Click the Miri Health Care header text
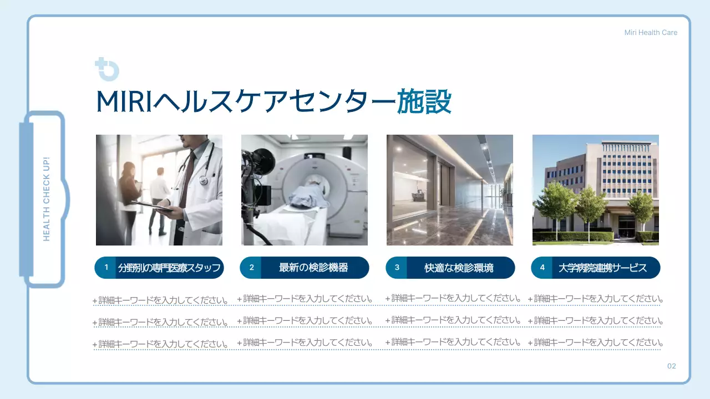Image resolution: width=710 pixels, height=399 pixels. click(651, 33)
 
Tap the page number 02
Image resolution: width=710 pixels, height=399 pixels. click(671, 366)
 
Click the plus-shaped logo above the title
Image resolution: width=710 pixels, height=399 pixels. click(106, 69)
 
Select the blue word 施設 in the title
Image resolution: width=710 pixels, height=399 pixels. click(424, 103)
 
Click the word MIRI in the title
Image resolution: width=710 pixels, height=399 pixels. click(124, 103)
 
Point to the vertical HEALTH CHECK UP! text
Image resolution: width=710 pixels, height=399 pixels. click(47, 199)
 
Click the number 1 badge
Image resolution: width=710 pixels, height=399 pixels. click(106, 268)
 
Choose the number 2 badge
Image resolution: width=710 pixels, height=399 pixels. click(251, 268)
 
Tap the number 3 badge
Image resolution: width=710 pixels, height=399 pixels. click(397, 268)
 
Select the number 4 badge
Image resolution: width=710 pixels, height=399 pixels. click(542, 268)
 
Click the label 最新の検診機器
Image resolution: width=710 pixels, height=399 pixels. click(313, 268)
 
